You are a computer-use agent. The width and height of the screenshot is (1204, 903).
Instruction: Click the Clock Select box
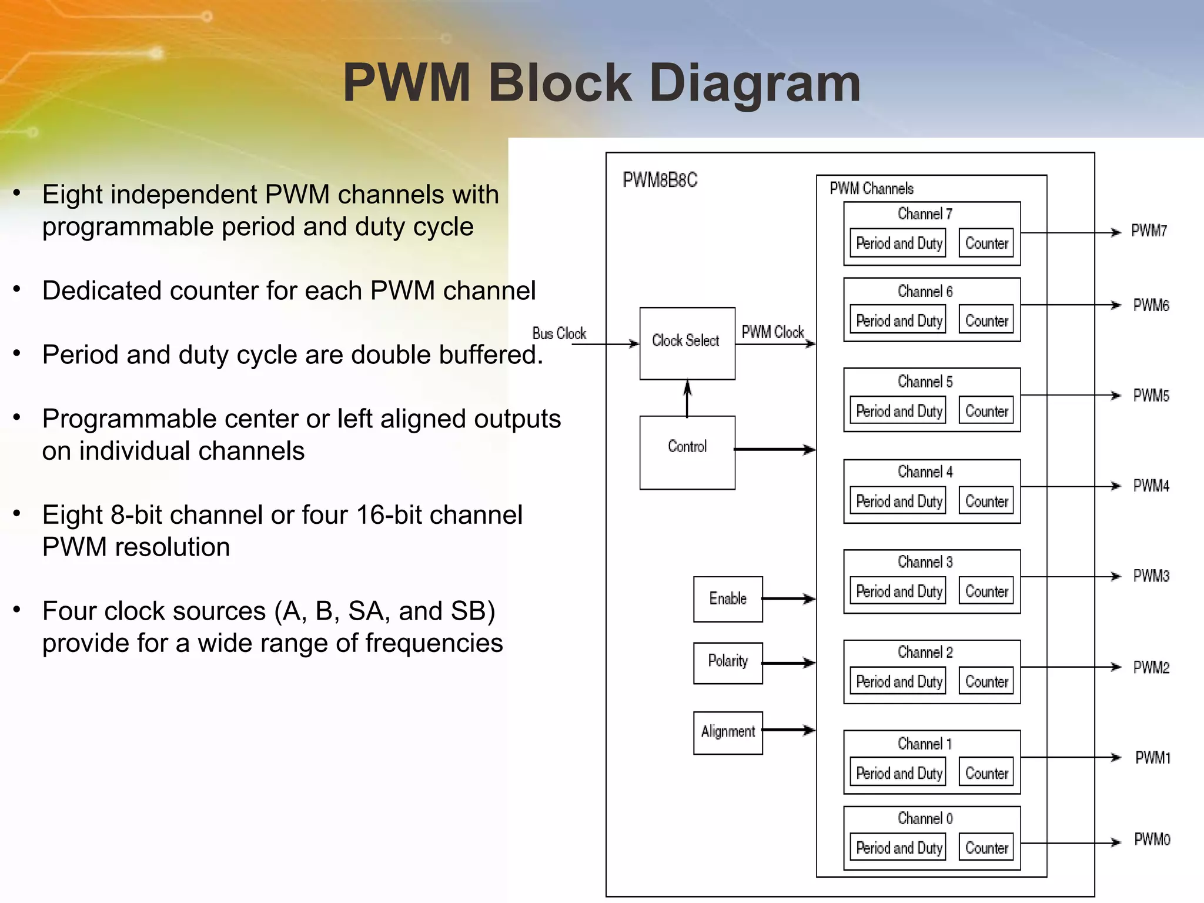point(687,343)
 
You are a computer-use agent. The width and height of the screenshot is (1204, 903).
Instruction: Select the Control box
point(687,452)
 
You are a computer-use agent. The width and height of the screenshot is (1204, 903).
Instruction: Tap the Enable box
point(727,599)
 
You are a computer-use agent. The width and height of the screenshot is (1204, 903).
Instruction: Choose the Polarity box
point(727,663)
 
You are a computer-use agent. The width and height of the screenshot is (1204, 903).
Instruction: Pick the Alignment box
point(727,733)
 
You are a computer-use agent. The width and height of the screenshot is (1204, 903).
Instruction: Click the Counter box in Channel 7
point(986,243)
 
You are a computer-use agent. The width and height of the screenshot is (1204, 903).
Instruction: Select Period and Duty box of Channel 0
point(898,848)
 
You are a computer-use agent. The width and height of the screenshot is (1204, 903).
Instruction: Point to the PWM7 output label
point(1149,231)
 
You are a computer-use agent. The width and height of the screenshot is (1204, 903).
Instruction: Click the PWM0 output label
point(1152,840)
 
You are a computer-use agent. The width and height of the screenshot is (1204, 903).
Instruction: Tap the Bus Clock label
point(558,333)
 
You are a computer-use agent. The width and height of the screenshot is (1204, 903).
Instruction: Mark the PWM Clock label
point(772,332)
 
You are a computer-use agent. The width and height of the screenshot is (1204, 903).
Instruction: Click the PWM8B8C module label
point(660,180)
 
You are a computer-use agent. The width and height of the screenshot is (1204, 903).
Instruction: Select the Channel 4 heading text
point(925,472)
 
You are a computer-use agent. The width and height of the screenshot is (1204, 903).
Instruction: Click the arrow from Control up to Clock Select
point(687,399)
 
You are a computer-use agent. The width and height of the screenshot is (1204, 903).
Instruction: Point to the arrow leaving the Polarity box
point(788,663)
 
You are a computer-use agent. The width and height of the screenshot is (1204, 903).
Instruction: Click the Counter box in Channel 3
point(986,591)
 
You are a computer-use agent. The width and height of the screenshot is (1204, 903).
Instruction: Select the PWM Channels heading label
point(871,189)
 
